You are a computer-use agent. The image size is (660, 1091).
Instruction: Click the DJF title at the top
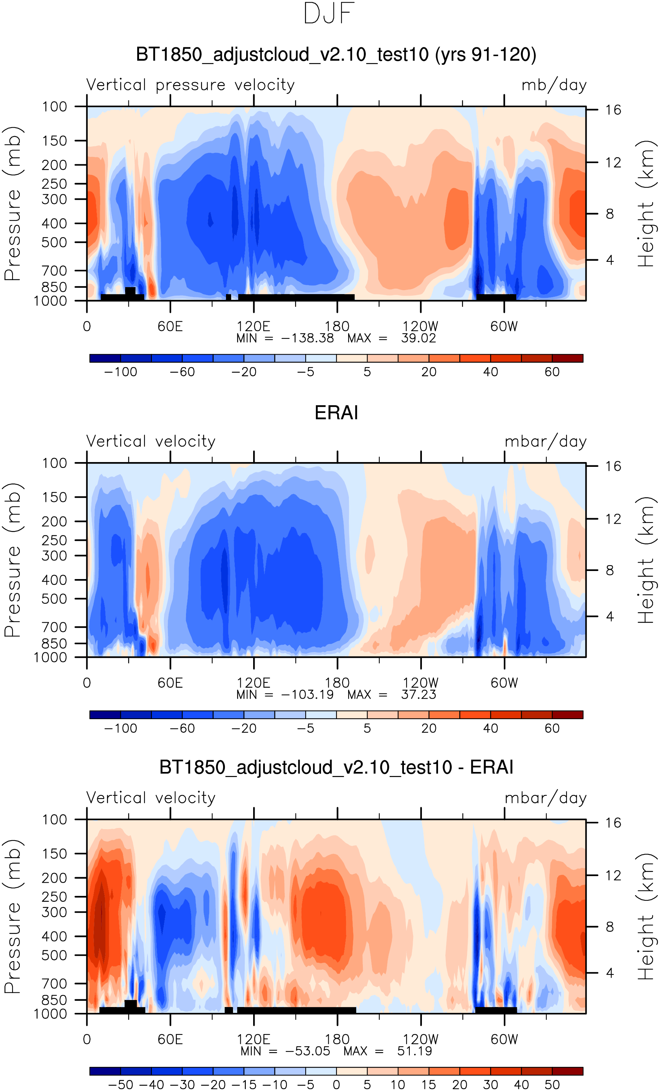click(x=329, y=13)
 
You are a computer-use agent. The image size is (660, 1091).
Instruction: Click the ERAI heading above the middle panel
click(x=336, y=413)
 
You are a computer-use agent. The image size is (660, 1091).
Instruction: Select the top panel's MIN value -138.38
click(x=307, y=338)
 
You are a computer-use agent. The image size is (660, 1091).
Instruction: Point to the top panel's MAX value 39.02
click(x=418, y=338)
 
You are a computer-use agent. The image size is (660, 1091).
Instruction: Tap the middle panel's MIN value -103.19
click(x=307, y=694)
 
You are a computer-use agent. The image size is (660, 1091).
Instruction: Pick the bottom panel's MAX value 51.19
click(x=414, y=1051)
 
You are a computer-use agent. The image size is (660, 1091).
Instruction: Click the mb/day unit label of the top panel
click(x=554, y=85)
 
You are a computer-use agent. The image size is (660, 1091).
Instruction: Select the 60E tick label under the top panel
click(x=170, y=326)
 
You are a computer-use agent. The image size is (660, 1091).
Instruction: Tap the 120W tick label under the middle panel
click(x=420, y=682)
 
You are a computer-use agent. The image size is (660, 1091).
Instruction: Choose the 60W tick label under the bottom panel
click(x=504, y=1039)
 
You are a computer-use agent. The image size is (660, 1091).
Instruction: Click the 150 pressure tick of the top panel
click(x=55, y=141)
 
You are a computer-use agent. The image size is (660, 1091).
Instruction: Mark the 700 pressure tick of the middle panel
click(x=55, y=627)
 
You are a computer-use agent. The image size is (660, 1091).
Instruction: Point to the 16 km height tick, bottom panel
click(x=613, y=823)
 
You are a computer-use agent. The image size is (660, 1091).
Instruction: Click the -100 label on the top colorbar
click(x=120, y=372)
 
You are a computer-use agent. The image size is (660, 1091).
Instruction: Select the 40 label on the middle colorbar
click(x=491, y=728)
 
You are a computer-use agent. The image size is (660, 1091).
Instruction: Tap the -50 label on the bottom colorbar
click(x=120, y=1084)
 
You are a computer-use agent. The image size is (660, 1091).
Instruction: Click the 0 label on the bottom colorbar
click(x=336, y=1084)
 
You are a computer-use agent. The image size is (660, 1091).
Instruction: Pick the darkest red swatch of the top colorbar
click(x=568, y=358)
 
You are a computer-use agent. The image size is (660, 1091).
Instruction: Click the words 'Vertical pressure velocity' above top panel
click(x=190, y=85)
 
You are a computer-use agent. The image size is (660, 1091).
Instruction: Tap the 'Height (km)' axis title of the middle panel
click(x=646, y=560)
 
